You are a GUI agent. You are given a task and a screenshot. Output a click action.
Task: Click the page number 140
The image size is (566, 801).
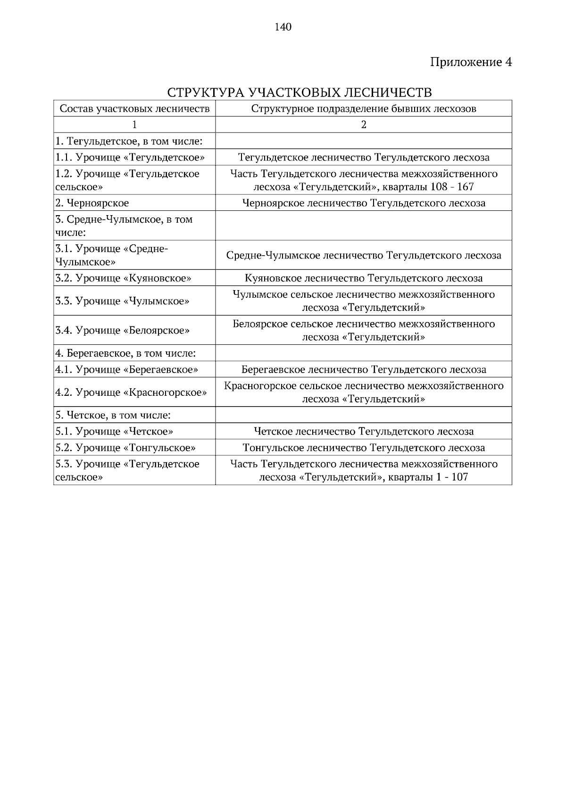(283, 27)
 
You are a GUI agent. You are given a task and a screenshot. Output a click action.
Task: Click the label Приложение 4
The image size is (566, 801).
(471, 62)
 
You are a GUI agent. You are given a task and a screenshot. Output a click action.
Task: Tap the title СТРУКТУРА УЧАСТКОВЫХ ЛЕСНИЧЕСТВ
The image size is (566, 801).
(300, 92)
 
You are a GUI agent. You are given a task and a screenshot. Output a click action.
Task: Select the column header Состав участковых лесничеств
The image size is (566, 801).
(134, 108)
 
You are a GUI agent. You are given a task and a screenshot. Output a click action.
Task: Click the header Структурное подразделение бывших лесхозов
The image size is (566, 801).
(363, 108)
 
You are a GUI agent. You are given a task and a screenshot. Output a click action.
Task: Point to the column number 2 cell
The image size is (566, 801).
(363, 125)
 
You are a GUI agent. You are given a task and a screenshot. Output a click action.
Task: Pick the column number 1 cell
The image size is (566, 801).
(134, 125)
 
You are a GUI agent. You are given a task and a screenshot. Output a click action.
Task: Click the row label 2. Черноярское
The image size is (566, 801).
(92, 203)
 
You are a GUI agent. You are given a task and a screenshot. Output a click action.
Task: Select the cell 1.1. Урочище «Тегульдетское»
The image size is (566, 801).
(130, 157)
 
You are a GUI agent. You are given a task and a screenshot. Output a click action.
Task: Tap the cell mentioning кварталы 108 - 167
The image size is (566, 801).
(363, 180)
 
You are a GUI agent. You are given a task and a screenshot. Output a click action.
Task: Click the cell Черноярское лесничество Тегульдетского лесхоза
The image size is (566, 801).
(363, 203)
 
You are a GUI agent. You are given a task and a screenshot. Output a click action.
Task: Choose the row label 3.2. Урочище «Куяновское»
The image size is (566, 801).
(123, 278)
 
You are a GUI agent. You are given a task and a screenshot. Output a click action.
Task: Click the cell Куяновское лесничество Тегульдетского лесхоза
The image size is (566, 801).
(363, 278)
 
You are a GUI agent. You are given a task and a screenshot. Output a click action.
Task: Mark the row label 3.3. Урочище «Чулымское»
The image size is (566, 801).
(122, 300)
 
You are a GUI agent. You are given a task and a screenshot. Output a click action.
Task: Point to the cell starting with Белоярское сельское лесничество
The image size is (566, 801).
(363, 330)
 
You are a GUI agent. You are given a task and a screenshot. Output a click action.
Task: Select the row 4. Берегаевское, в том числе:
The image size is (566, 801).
(125, 353)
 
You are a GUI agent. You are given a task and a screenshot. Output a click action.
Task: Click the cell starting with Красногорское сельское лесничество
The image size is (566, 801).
(363, 392)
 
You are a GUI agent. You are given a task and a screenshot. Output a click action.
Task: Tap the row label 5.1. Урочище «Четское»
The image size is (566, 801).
(114, 431)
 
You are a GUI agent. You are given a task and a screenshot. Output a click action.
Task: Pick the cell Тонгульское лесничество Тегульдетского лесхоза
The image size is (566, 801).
(363, 447)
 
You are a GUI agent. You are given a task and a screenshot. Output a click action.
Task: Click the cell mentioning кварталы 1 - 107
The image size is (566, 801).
(363, 470)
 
